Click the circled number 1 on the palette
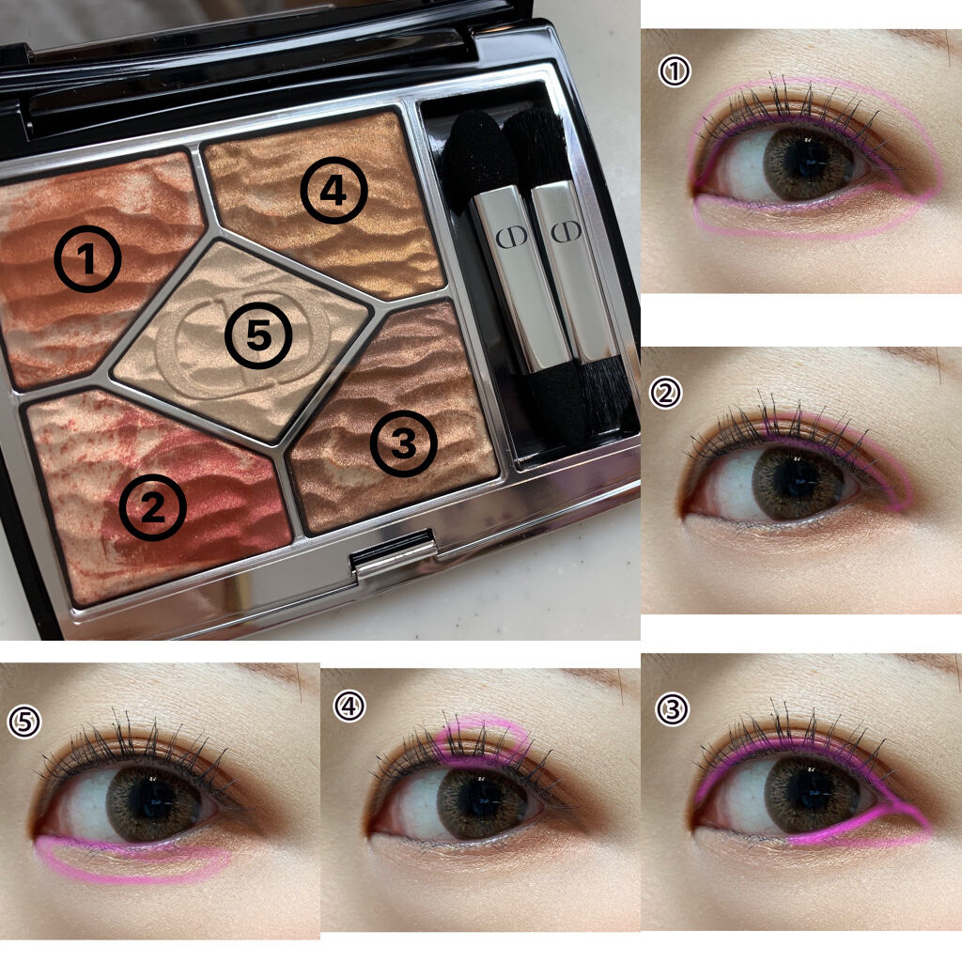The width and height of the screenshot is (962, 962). tap(87, 258)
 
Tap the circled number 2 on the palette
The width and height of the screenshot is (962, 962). tap(152, 506)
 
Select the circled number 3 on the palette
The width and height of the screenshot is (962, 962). tap(404, 443)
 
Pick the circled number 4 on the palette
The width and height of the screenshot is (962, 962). tap(334, 190)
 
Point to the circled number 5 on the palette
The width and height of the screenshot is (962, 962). tap(258, 335)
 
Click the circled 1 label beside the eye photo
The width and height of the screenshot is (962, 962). tap(675, 71)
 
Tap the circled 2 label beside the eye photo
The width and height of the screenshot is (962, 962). tap(666, 394)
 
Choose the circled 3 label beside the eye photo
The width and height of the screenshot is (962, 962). tap(673, 709)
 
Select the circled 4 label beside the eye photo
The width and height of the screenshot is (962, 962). tap(349, 706)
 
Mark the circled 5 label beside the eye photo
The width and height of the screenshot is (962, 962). tap(24, 721)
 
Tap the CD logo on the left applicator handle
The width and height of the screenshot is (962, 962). tap(511, 236)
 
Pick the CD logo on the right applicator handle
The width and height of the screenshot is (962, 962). tap(566, 231)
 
